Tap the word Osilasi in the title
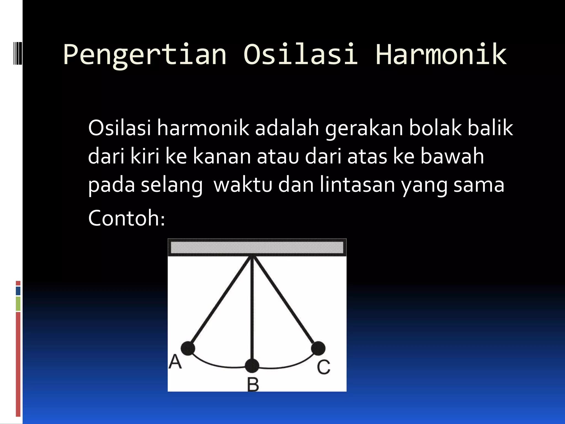pos(300,54)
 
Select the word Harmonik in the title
pos(441,54)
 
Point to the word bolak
pos(435,128)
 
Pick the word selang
pos(172,185)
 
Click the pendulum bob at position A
pos(188,348)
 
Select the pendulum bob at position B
pos(252,366)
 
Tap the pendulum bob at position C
pos(318,348)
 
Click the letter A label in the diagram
pos(175,362)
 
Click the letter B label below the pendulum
pos(253,385)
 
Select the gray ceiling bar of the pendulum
pos(257,247)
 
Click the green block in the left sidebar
pos(18,304)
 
